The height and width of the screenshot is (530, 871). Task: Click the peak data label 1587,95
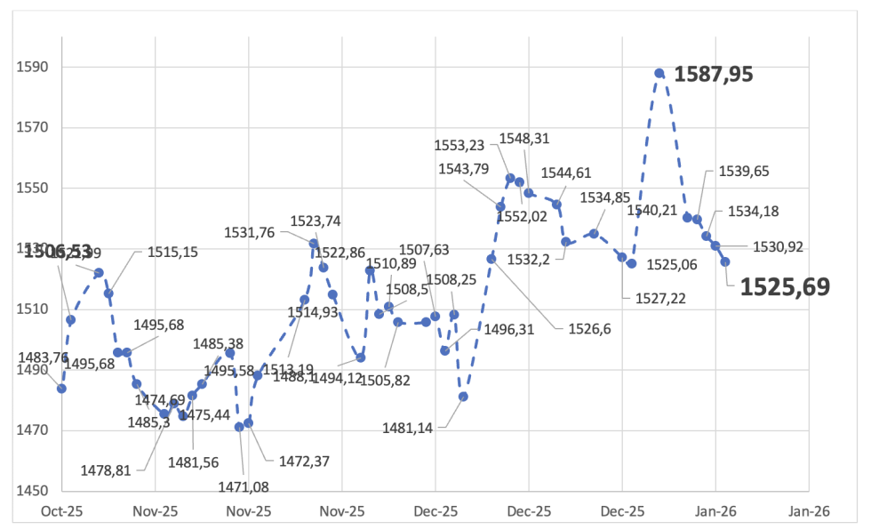click(714, 74)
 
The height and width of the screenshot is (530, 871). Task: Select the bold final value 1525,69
click(785, 286)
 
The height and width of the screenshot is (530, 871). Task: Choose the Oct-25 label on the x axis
click(61, 511)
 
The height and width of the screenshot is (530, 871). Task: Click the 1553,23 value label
click(459, 146)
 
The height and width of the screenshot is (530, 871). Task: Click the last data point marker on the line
click(725, 261)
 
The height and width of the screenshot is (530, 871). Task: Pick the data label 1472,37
click(304, 462)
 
